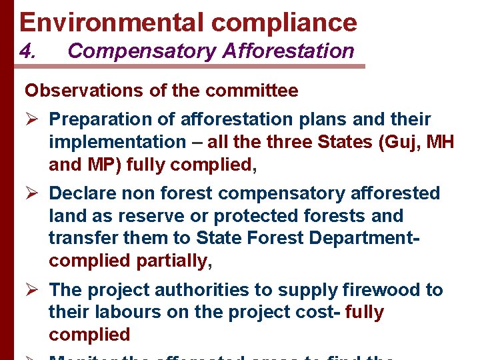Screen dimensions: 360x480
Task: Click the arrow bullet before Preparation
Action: [x=33, y=120]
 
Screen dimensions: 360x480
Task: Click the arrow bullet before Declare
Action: [x=33, y=194]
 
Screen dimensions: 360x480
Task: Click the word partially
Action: [x=172, y=261]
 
